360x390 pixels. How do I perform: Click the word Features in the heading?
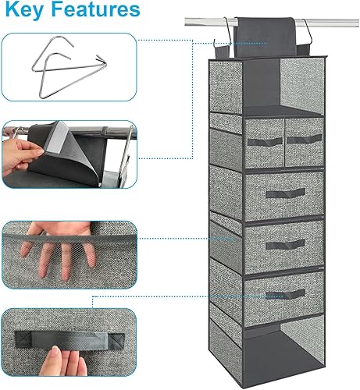[98, 13]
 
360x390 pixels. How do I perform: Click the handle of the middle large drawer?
[283, 243]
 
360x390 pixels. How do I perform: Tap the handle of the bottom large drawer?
[283, 293]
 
